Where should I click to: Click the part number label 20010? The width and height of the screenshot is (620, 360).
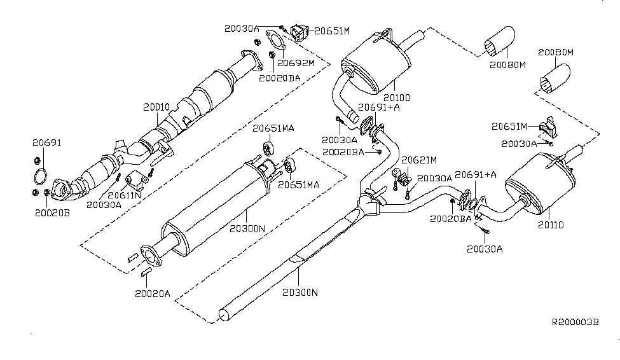pyautogui.click(x=156, y=108)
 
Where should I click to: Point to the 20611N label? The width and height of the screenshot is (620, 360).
pyautogui.click(x=125, y=195)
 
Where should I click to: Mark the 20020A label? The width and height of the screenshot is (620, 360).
pyautogui.click(x=153, y=293)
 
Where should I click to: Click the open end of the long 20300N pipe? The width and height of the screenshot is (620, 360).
pyautogui.click(x=223, y=314)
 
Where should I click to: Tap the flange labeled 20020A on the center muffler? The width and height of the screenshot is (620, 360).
pyautogui.click(x=149, y=255)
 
